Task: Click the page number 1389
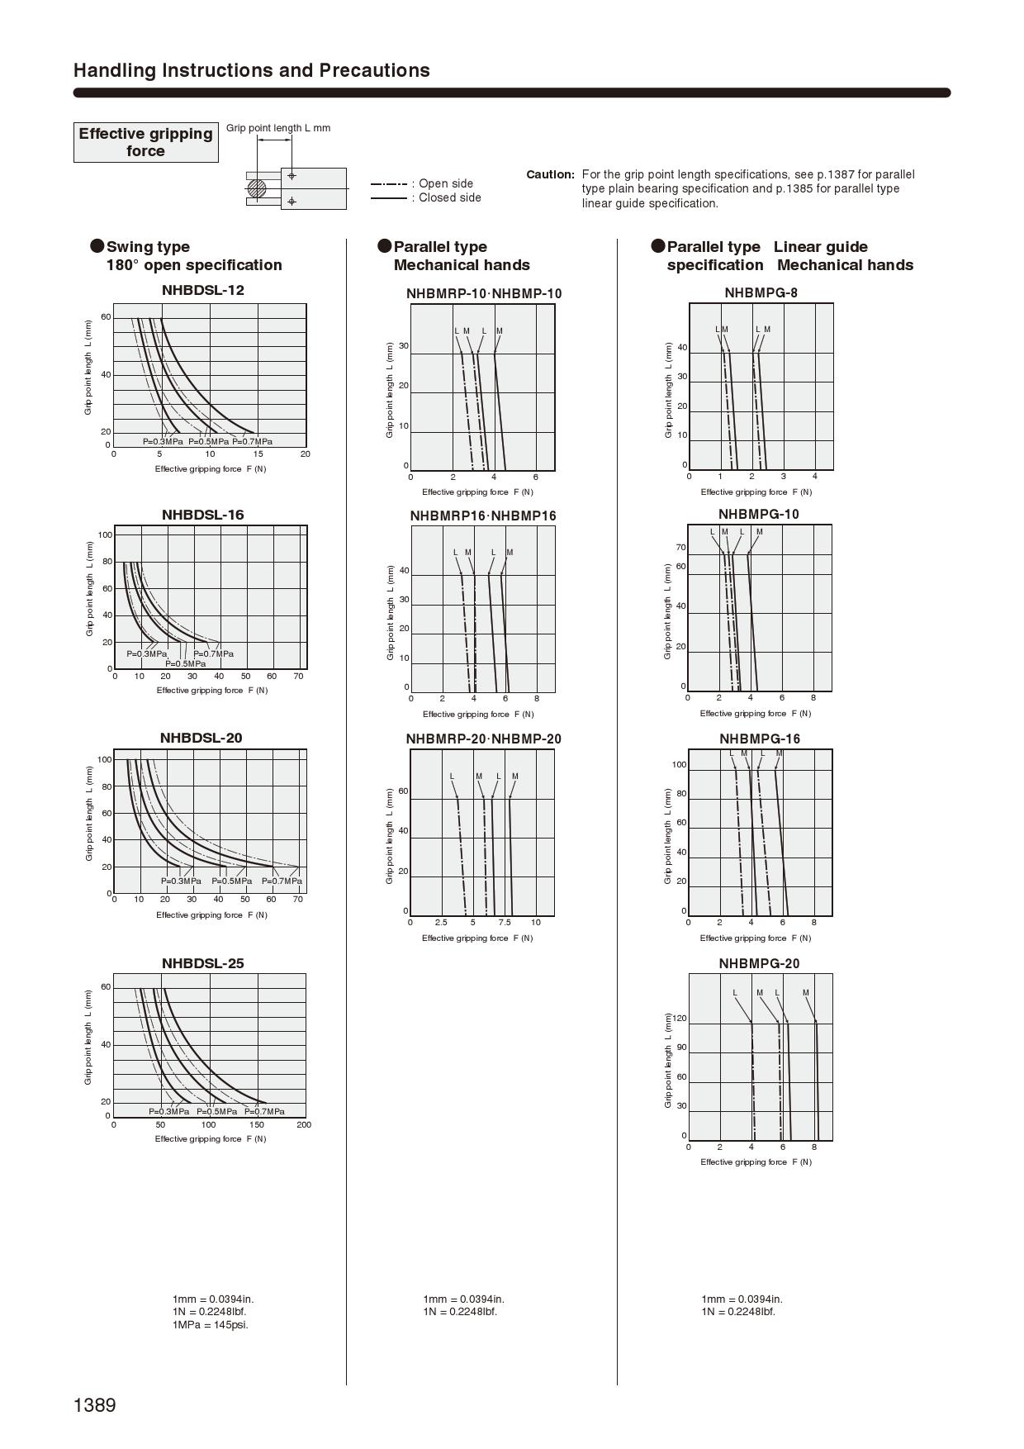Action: (x=95, y=1404)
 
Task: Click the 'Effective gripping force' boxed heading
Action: (x=145, y=142)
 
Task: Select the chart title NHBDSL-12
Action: (x=202, y=290)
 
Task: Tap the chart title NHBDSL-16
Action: (x=202, y=515)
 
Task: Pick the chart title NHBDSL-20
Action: (x=201, y=738)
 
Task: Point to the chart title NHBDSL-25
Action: (x=202, y=963)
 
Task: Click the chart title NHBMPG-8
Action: (x=761, y=292)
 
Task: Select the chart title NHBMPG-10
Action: (x=759, y=514)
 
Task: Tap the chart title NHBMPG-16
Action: (x=760, y=739)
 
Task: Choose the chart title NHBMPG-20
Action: (x=759, y=963)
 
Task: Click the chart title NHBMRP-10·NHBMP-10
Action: (x=484, y=293)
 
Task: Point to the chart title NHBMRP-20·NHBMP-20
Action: (x=483, y=739)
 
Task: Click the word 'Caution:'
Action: (x=550, y=174)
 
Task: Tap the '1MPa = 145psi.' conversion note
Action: (x=211, y=1324)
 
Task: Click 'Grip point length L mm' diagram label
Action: (x=278, y=128)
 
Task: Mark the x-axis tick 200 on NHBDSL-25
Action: (x=304, y=1124)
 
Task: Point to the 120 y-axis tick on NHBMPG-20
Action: (x=680, y=1018)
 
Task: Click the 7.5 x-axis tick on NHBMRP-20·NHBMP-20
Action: (x=505, y=922)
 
